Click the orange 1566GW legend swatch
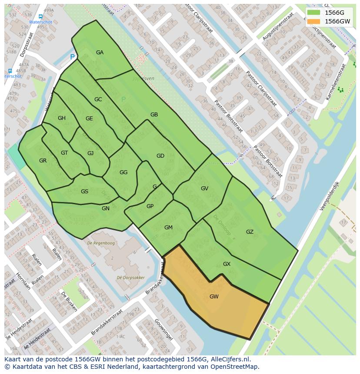pyautogui.click(x=313, y=21)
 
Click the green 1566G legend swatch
pyautogui.click(x=313, y=13)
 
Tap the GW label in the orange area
pyautogui.click(x=214, y=297)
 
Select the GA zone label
pyautogui.click(x=100, y=53)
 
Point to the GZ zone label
pyautogui.click(x=250, y=232)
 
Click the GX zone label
pyautogui.click(x=227, y=264)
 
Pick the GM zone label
pyautogui.click(x=168, y=228)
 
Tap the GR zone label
pyautogui.click(x=43, y=161)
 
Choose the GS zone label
pyautogui.click(x=84, y=192)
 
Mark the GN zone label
pyautogui.click(x=106, y=209)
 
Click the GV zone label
pyautogui.click(x=204, y=189)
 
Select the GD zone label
pyautogui.click(x=160, y=156)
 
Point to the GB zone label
pyautogui.click(x=154, y=115)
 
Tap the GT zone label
pyautogui.click(x=64, y=153)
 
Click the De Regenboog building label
pyautogui.click(x=101, y=243)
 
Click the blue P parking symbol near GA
pyautogui.click(x=72, y=57)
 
